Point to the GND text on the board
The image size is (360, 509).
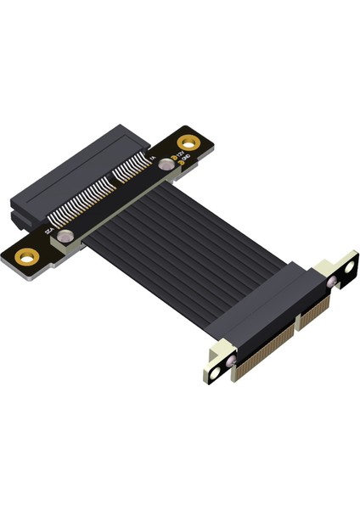tap(187, 161)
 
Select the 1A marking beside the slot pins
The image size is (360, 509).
tap(152, 159)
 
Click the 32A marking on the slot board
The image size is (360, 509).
tap(48, 227)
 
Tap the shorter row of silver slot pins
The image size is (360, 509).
tap(132, 170)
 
